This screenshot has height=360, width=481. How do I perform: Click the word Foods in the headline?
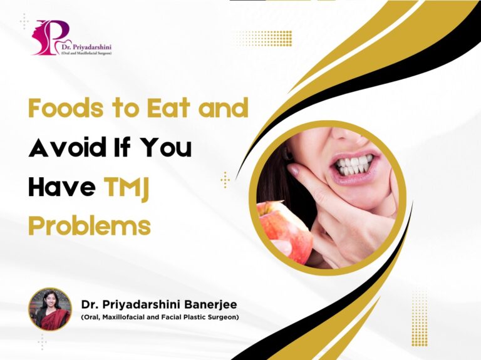(66, 108)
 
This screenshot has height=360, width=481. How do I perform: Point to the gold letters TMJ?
(127, 188)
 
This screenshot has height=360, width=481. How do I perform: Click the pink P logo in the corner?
(51, 37)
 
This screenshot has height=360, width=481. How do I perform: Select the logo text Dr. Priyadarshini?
(86, 47)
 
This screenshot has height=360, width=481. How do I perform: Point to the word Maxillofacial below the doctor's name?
(124, 317)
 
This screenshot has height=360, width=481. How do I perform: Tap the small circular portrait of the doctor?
(50, 309)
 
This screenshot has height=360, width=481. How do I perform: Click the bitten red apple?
(284, 231)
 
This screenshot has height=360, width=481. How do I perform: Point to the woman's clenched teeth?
(354, 165)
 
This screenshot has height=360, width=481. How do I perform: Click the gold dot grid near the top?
(264, 38)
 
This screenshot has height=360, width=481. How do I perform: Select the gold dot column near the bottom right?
(419, 318)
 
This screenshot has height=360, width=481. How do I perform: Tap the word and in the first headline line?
(224, 108)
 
